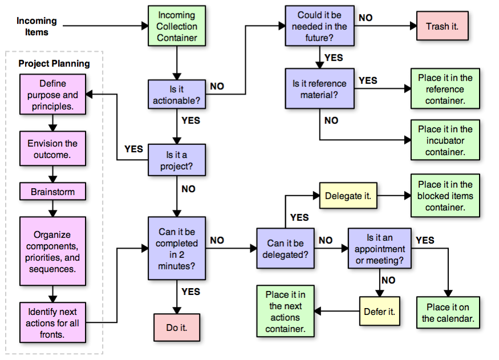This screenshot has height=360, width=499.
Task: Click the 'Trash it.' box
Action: (442, 26)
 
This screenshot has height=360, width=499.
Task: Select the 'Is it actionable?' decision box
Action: (177, 95)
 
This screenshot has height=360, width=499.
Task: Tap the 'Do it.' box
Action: (177, 328)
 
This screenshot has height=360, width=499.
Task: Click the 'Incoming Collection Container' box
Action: (177, 26)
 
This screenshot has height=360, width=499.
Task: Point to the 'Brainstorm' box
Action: (52, 192)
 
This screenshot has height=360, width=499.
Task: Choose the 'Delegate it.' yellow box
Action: (348, 196)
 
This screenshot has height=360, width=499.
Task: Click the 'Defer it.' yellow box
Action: (379, 312)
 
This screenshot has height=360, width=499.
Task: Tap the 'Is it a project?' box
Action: (177, 160)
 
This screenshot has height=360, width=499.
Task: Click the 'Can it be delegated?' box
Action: (285, 249)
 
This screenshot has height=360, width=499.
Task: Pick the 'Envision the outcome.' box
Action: (52, 149)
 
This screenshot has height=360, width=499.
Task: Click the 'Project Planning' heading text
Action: (54, 63)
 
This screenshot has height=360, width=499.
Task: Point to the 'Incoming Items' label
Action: (36, 26)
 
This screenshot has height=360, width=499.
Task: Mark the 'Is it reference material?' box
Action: (319, 89)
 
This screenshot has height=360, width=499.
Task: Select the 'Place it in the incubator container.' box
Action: (445, 140)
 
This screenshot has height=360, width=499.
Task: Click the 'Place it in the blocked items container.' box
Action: (445, 196)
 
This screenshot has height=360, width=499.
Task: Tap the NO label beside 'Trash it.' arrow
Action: (366, 18)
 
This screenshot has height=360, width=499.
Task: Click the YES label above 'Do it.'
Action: (191, 292)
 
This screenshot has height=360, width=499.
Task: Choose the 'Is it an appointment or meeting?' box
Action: (379, 249)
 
